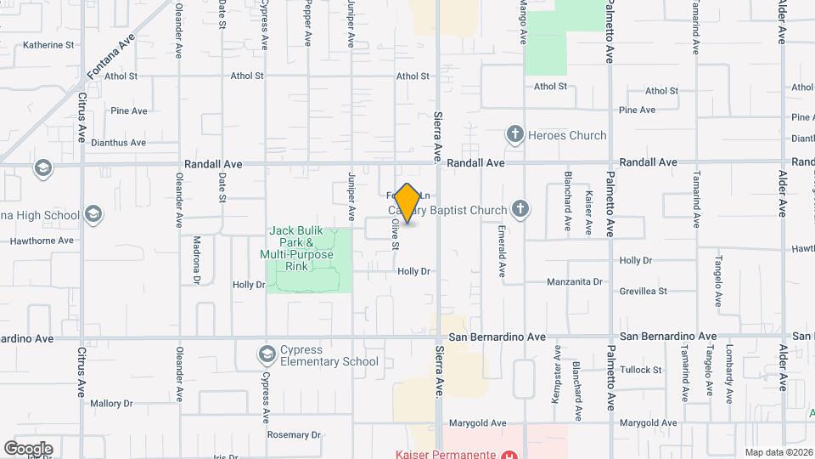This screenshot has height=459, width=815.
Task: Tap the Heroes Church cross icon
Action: (x=514, y=134)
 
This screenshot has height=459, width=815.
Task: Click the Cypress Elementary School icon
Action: (x=267, y=354)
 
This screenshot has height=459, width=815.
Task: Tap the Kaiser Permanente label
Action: (x=445, y=453)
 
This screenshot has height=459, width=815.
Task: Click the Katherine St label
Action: (x=48, y=45)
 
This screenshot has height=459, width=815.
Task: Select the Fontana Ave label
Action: (x=110, y=57)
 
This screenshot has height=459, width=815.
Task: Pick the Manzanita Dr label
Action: (x=574, y=281)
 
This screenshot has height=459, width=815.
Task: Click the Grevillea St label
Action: (x=644, y=291)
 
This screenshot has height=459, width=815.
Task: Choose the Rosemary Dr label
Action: (x=294, y=434)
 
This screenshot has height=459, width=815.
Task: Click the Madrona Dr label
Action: (x=196, y=260)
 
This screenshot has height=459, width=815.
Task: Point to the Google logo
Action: (x=28, y=448)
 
